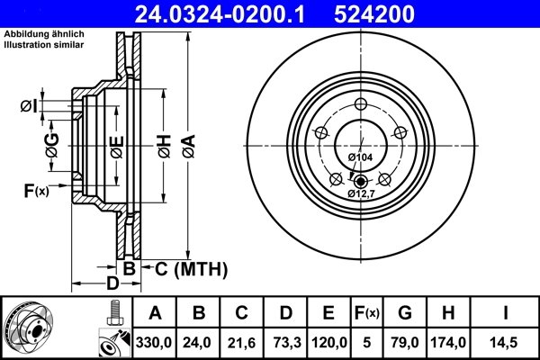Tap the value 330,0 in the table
coord(154,343)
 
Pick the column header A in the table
coord(154,313)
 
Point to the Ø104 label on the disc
coord(360,157)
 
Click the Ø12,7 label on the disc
coord(363,193)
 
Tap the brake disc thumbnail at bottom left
coord(40,329)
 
